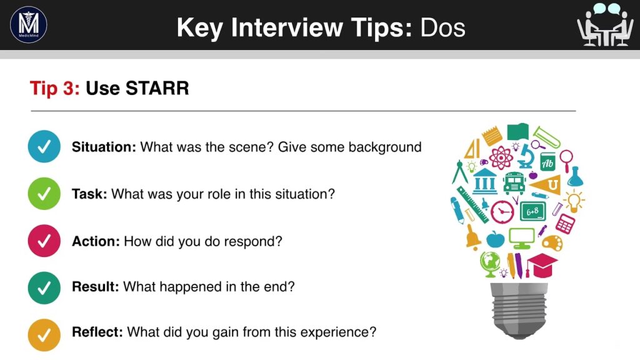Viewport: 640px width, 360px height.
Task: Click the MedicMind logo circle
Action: pos(29,24)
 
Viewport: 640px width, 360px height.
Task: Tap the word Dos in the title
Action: pos(443,27)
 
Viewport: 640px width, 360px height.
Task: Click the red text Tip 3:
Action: pos(55,88)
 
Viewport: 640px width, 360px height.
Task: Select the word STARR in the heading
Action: pos(157,88)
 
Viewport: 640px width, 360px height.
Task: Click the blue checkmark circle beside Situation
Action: pos(44,146)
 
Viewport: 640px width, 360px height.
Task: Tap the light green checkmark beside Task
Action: pos(44,194)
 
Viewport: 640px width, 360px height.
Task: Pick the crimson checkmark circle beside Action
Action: pos(44,241)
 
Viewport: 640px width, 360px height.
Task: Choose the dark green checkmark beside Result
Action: pos(44,287)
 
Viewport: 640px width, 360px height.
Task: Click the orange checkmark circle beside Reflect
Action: pos(44,335)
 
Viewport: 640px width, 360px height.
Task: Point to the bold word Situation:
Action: pos(104,147)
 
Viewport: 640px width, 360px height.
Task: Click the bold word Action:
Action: pos(96,241)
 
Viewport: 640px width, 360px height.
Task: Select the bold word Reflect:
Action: pos(97,332)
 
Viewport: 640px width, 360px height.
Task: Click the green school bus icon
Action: pos(514,182)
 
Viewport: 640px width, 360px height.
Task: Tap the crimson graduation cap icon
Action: pos(542,265)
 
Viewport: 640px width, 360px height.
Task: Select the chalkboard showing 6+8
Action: pos(532,211)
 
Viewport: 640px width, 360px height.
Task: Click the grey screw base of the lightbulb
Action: pos(518,311)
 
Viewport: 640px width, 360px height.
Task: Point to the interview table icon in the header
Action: pos(605,24)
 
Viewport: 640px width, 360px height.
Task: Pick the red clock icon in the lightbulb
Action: pos(502,212)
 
